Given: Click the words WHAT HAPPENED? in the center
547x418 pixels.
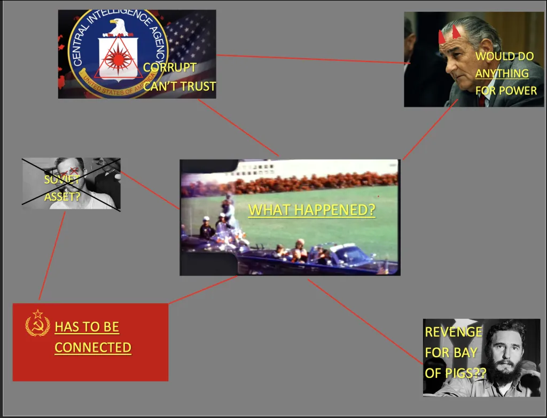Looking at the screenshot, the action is point(311,210).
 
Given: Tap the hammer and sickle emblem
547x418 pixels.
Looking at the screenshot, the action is point(38,323).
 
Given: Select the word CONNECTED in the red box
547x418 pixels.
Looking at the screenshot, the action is point(93,348).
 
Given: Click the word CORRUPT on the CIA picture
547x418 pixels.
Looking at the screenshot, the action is point(169,67).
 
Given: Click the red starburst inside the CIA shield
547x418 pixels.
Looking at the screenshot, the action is point(118,59).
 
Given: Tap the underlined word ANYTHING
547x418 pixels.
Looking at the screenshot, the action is point(502,74).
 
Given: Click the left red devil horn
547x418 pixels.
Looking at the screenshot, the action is point(442,37).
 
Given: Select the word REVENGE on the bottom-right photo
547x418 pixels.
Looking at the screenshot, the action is point(454,332).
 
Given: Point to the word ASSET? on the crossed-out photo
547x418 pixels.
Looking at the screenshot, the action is point(62,196).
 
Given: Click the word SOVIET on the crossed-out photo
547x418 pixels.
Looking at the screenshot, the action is point(62,179).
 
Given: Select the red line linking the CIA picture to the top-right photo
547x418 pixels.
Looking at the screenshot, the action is point(313,59).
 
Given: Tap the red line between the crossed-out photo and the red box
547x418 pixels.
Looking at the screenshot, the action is point(52,256).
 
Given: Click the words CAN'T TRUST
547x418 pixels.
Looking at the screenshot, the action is point(179,86).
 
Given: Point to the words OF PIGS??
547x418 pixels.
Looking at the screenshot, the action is point(455,373).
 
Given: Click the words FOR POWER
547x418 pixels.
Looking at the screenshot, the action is point(506,91).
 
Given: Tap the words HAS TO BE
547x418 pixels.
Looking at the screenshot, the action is point(87,327).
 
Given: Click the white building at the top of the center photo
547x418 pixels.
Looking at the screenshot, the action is point(314,170).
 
